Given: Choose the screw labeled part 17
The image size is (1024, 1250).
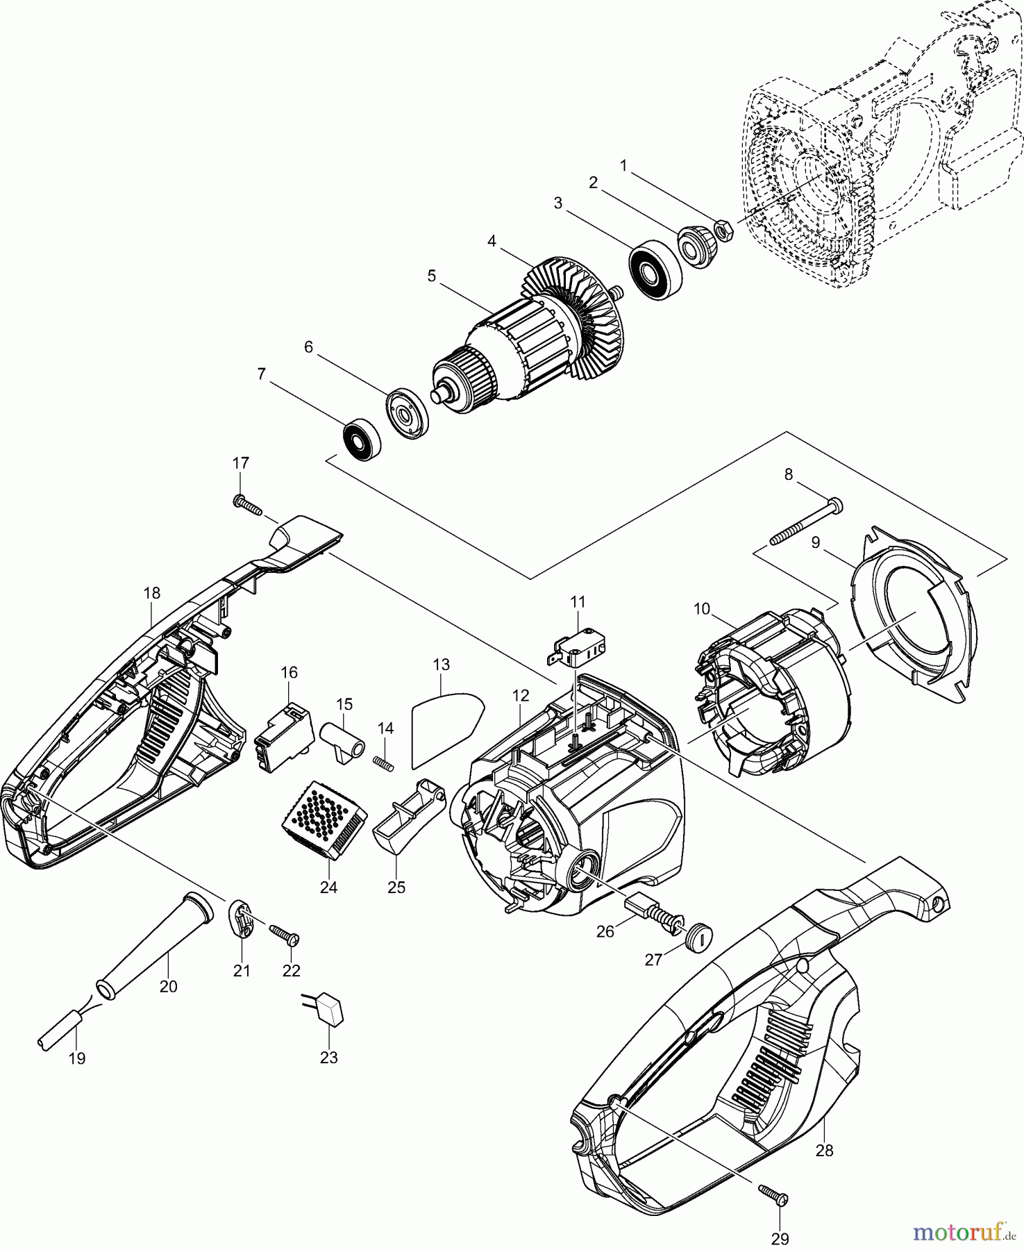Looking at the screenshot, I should coord(248,505).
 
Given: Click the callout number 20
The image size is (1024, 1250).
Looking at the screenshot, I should coord(169,986).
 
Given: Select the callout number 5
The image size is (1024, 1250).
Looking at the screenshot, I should coord(432,276).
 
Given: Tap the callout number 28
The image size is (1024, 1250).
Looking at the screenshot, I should coord(824,1151).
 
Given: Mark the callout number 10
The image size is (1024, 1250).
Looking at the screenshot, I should coord(701,609).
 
